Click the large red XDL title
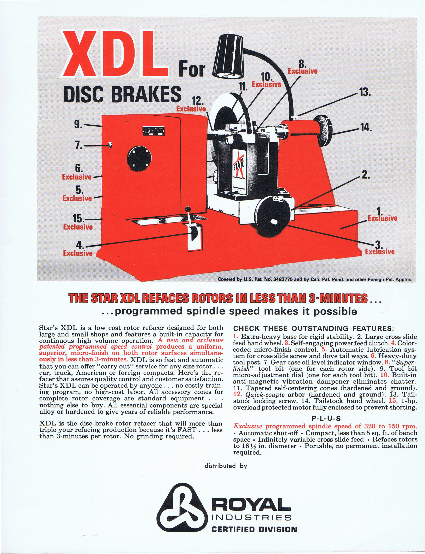coord(114,54)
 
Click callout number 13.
coord(365,92)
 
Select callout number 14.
coord(366,127)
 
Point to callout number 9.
coord(78,125)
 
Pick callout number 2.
coord(365,175)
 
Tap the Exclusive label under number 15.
coord(78,227)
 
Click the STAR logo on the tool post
coord(239,167)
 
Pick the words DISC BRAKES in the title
coord(122,94)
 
